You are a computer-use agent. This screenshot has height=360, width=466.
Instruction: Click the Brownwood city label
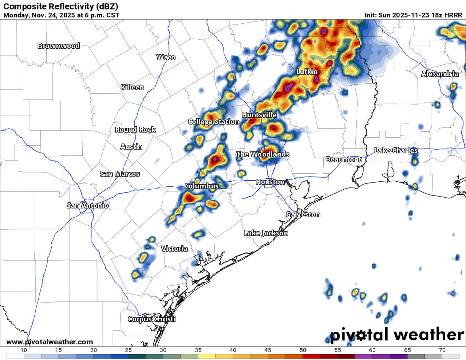point(59,46)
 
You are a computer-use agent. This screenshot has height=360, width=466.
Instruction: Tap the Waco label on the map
point(166,58)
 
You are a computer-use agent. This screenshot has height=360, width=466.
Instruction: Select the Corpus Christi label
point(152,319)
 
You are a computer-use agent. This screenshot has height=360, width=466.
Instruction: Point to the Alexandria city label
point(440,74)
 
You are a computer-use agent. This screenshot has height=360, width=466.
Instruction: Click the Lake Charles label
point(396,150)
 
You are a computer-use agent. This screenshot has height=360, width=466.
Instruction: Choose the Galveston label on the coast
point(303,214)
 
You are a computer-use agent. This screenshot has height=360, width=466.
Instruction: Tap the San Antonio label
point(88,206)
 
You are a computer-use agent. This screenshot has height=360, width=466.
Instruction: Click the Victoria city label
point(174,249)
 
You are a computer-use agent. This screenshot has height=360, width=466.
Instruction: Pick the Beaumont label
point(343,159)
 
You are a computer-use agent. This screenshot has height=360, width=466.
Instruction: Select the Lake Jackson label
point(266,233)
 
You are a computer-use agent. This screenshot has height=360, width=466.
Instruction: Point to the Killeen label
point(133,87)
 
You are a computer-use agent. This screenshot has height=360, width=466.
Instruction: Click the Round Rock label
point(135,130)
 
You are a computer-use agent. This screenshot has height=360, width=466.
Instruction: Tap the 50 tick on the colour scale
point(303,350)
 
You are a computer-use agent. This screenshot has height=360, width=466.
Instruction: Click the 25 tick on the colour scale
point(128,350)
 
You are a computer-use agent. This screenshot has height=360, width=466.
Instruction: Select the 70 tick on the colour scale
point(442,350)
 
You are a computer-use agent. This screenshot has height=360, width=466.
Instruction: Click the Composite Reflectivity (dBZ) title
point(60,7)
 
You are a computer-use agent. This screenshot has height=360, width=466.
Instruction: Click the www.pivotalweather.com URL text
point(50,342)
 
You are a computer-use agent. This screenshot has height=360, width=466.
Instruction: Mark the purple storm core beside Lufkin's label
point(316,78)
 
